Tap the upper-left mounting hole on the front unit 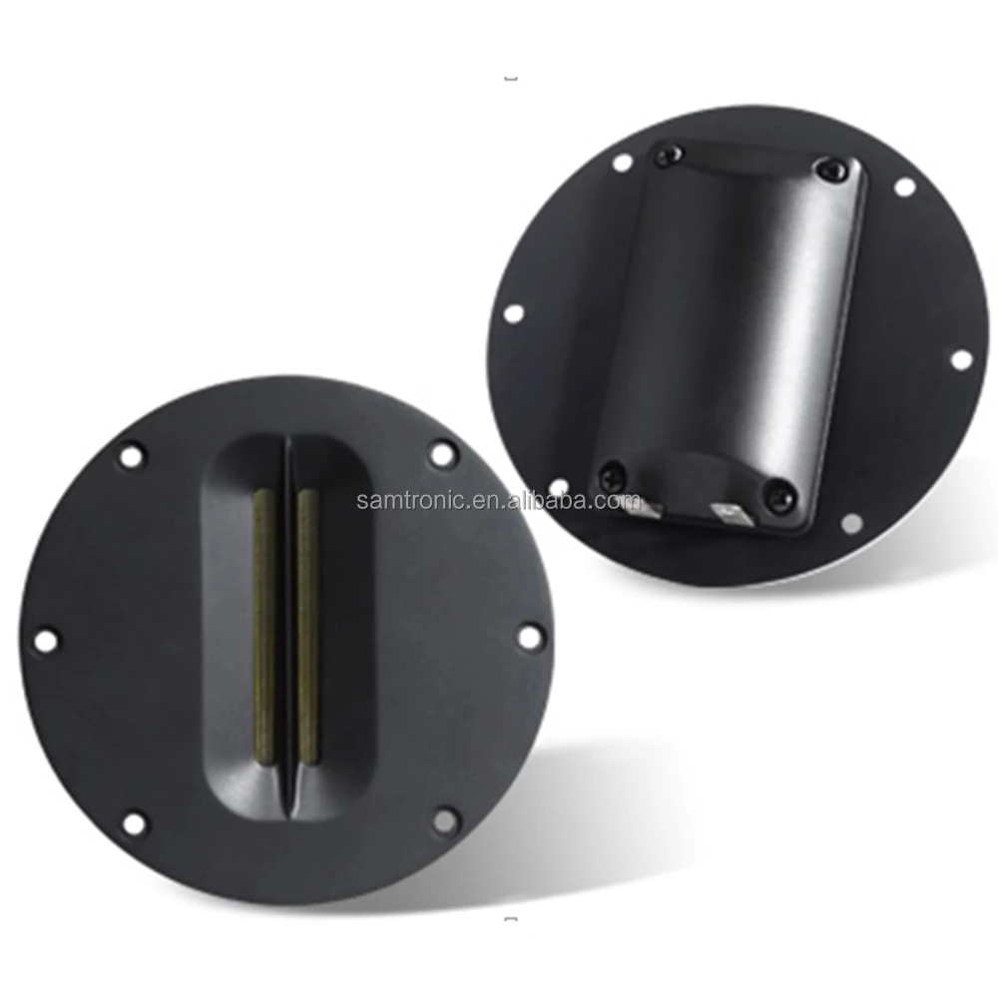click(131, 456)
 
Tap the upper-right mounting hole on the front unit click(441, 454)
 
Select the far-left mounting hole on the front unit click(46, 639)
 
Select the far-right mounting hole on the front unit click(530, 635)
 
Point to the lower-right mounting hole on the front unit click(445, 820)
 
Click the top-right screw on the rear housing click(826, 170)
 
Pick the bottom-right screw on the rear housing click(778, 494)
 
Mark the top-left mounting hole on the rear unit click(621, 161)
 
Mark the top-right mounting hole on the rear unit click(904, 187)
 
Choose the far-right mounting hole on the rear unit click(960, 359)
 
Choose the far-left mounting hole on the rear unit click(513, 312)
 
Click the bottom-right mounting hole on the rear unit click(851, 523)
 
